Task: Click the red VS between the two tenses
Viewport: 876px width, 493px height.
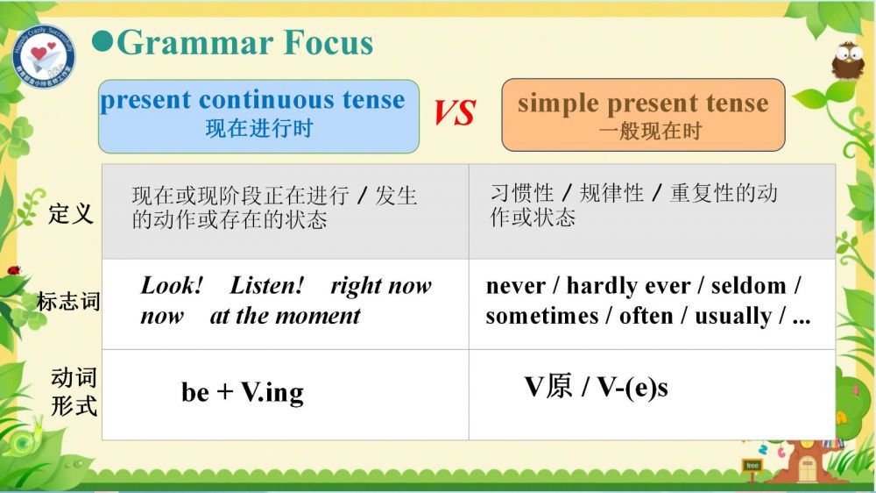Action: click(455, 112)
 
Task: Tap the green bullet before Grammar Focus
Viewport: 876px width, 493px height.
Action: click(102, 42)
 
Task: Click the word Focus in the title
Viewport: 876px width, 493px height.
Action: click(328, 42)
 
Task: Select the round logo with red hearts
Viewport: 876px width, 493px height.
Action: click(43, 56)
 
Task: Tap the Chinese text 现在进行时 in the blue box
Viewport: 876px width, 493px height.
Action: click(258, 129)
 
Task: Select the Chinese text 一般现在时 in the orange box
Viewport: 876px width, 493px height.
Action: click(650, 132)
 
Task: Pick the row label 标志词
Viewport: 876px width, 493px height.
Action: click(68, 302)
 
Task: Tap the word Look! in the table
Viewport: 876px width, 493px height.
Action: click(172, 285)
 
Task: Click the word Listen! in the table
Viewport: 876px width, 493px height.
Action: click(267, 285)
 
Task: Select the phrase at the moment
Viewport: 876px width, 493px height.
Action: click(285, 316)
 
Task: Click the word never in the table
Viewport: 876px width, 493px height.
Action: click(515, 287)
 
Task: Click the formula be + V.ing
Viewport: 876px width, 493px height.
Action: click(243, 392)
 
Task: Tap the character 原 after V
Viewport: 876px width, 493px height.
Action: click(559, 387)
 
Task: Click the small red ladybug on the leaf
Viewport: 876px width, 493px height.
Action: click(13, 270)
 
